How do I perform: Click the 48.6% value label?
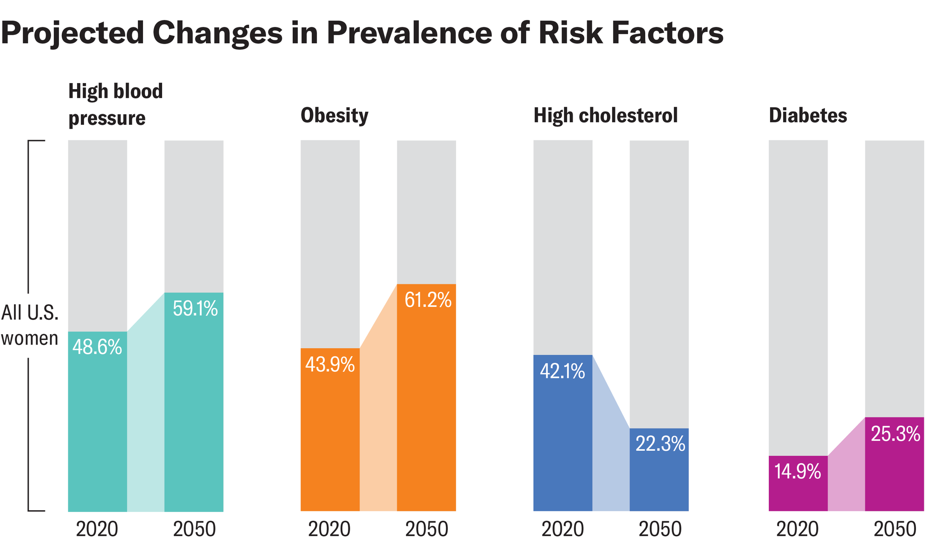click(97, 347)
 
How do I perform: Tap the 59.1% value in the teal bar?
click(195, 309)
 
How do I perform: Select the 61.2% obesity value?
click(428, 300)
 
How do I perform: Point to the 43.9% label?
click(330, 365)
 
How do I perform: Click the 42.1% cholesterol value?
click(563, 371)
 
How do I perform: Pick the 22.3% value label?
click(660, 444)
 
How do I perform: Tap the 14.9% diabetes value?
click(798, 472)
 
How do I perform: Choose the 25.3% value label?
click(895, 434)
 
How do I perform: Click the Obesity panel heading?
click(334, 116)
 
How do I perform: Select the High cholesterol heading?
click(606, 115)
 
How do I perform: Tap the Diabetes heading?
click(808, 115)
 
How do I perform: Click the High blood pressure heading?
click(116, 104)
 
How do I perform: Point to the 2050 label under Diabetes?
click(895, 530)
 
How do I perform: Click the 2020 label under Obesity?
click(330, 530)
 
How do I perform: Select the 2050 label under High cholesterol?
click(660, 530)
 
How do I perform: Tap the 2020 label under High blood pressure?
click(97, 530)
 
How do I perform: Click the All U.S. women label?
click(30, 325)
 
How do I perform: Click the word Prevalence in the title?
click(409, 33)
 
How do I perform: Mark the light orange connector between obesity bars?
click(379, 418)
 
